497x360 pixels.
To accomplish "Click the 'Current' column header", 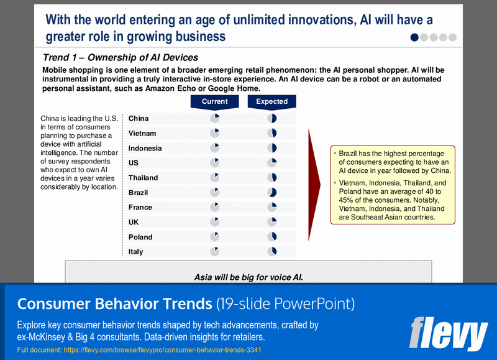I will (215, 101).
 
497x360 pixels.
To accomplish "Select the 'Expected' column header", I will (271, 101).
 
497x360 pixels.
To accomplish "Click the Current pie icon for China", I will (215, 118).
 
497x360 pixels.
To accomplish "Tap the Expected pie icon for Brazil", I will (271, 193).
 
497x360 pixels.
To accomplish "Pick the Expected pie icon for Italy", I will (271, 252).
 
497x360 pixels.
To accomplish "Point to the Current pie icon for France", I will (215, 207).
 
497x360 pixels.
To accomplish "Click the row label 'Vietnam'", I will (142, 133).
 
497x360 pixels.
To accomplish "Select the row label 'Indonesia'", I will (145, 148).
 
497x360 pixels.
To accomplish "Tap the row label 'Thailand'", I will (143, 178).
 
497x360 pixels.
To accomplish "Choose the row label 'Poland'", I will (140, 237).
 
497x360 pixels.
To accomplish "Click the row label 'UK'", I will (134, 222).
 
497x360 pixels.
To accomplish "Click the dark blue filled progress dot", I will (415, 37).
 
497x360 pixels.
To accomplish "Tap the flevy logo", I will (448, 333).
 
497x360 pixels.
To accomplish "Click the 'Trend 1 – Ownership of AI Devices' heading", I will (121, 58).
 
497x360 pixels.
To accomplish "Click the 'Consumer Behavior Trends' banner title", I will (114, 304).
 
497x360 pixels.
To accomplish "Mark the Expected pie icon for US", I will (271, 163).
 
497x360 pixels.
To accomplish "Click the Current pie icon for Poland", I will (215, 237).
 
